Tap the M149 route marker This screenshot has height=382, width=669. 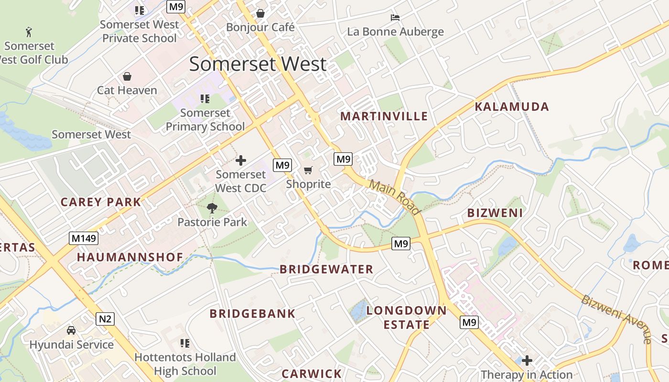83,238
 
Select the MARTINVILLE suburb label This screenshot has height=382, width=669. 384,116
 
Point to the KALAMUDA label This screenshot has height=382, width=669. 512,106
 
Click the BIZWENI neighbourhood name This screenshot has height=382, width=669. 495,213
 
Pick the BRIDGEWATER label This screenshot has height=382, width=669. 326,269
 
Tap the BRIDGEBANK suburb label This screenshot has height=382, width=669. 252,314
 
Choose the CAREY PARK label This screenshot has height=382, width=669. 101,202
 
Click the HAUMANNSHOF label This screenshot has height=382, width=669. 130,257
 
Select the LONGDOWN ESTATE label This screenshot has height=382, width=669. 406,318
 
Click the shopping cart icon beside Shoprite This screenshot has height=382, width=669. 308,170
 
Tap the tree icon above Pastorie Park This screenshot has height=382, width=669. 212,208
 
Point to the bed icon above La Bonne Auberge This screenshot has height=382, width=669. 395,18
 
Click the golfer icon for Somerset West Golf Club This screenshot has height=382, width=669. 29,32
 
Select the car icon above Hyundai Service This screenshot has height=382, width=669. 71,330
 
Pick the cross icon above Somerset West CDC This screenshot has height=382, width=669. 241,160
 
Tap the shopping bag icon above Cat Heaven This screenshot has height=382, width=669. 127,76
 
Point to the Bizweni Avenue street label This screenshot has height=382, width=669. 616,318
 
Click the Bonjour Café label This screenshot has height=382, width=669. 260,27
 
